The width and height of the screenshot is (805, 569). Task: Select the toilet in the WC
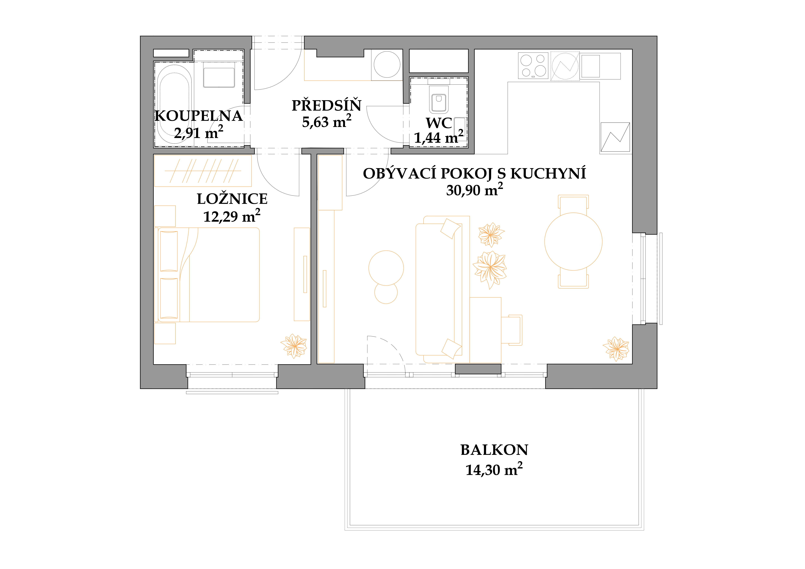[439, 99]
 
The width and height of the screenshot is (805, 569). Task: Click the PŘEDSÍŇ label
[326, 105]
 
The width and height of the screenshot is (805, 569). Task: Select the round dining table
[573, 242]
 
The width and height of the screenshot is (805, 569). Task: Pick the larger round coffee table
[386, 268]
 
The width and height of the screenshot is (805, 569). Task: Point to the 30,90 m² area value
[474, 190]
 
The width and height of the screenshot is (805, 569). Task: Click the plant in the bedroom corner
[294, 346]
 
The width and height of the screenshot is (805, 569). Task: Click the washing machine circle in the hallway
[387, 65]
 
